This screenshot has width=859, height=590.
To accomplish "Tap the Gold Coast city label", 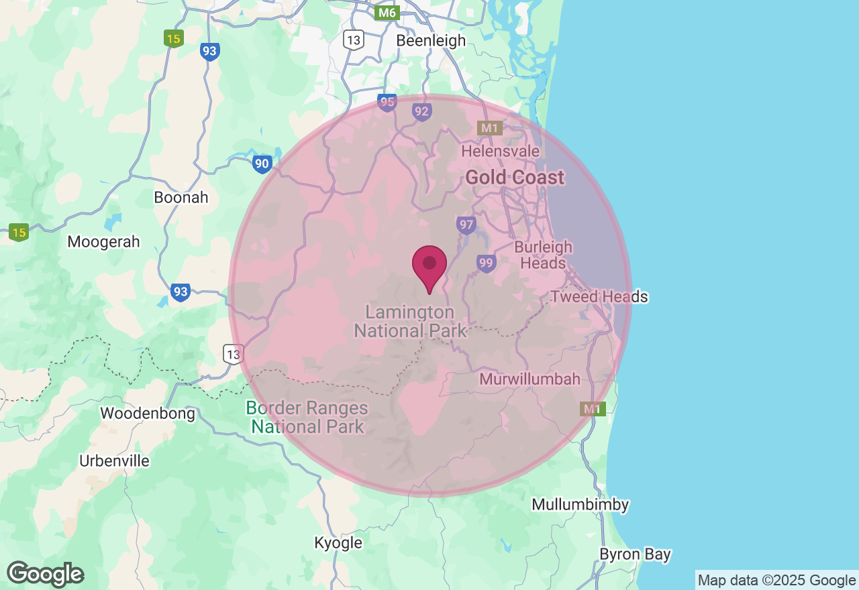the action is pos(515,178).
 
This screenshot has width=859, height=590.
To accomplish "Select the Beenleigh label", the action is pos(431,40).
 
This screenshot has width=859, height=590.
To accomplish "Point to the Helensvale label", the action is pos(500,152).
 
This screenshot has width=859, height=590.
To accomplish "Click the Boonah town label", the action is pos(181,198).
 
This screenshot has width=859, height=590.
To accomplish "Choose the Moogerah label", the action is pos(103,242).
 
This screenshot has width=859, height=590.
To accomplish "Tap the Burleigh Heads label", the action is pos(544,255).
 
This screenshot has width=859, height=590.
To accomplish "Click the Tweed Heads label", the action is pos(599,296).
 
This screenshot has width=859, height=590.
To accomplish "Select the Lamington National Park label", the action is pos(410,321).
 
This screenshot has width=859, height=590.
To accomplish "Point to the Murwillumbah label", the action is pos(529,379).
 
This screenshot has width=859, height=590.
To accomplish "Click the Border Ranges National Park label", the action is pos(307,416).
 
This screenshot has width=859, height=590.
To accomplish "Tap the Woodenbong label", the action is pos(148,413).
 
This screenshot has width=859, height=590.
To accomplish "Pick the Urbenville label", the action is pos(114,461).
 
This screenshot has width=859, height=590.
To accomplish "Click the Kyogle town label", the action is pos(338,542).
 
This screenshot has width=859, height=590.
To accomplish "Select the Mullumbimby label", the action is pos(580,504).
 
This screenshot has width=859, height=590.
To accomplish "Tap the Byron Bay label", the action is pos(635,554).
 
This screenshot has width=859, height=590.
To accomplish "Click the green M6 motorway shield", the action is pos(387,12).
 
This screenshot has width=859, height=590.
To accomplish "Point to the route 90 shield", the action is pos(262,163).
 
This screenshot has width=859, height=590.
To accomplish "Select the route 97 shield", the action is pos(465,225).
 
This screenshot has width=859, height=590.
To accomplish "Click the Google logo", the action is pos(46,574).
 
